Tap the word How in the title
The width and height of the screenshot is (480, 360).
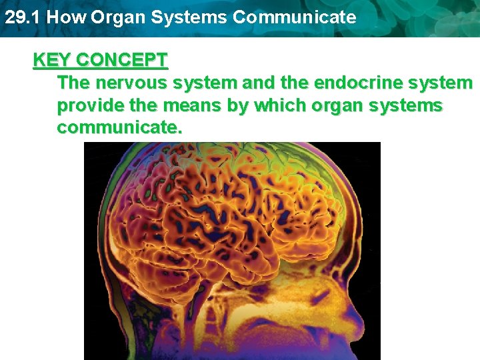pos(65,17)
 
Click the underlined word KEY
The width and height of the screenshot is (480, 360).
pos(53,60)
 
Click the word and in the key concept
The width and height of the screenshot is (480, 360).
pos(259,83)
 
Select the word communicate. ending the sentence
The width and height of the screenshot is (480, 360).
pos(119,127)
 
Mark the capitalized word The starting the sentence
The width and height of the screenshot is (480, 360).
pos(75,83)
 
